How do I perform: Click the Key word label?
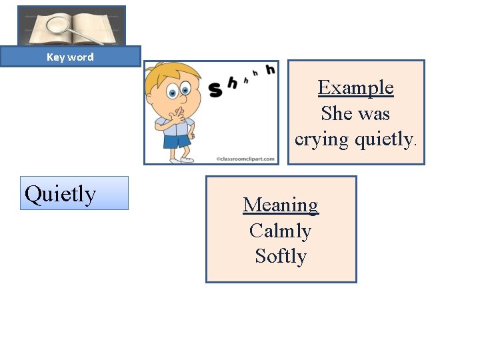tap(70, 57)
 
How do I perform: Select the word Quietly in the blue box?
tap(60, 194)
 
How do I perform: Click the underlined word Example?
tap(355, 87)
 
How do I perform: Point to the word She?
tap(337, 113)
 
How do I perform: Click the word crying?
tap(321, 139)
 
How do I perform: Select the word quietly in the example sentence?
tap(383, 139)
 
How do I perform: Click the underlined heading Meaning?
tap(281, 205)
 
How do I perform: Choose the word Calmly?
tap(281, 231)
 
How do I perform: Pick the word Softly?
tap(281, 256)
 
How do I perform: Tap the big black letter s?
tap(215, 89)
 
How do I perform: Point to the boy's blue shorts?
tap(177, 141)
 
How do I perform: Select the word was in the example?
tap(375, 113)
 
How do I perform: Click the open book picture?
tap(71, 25)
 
